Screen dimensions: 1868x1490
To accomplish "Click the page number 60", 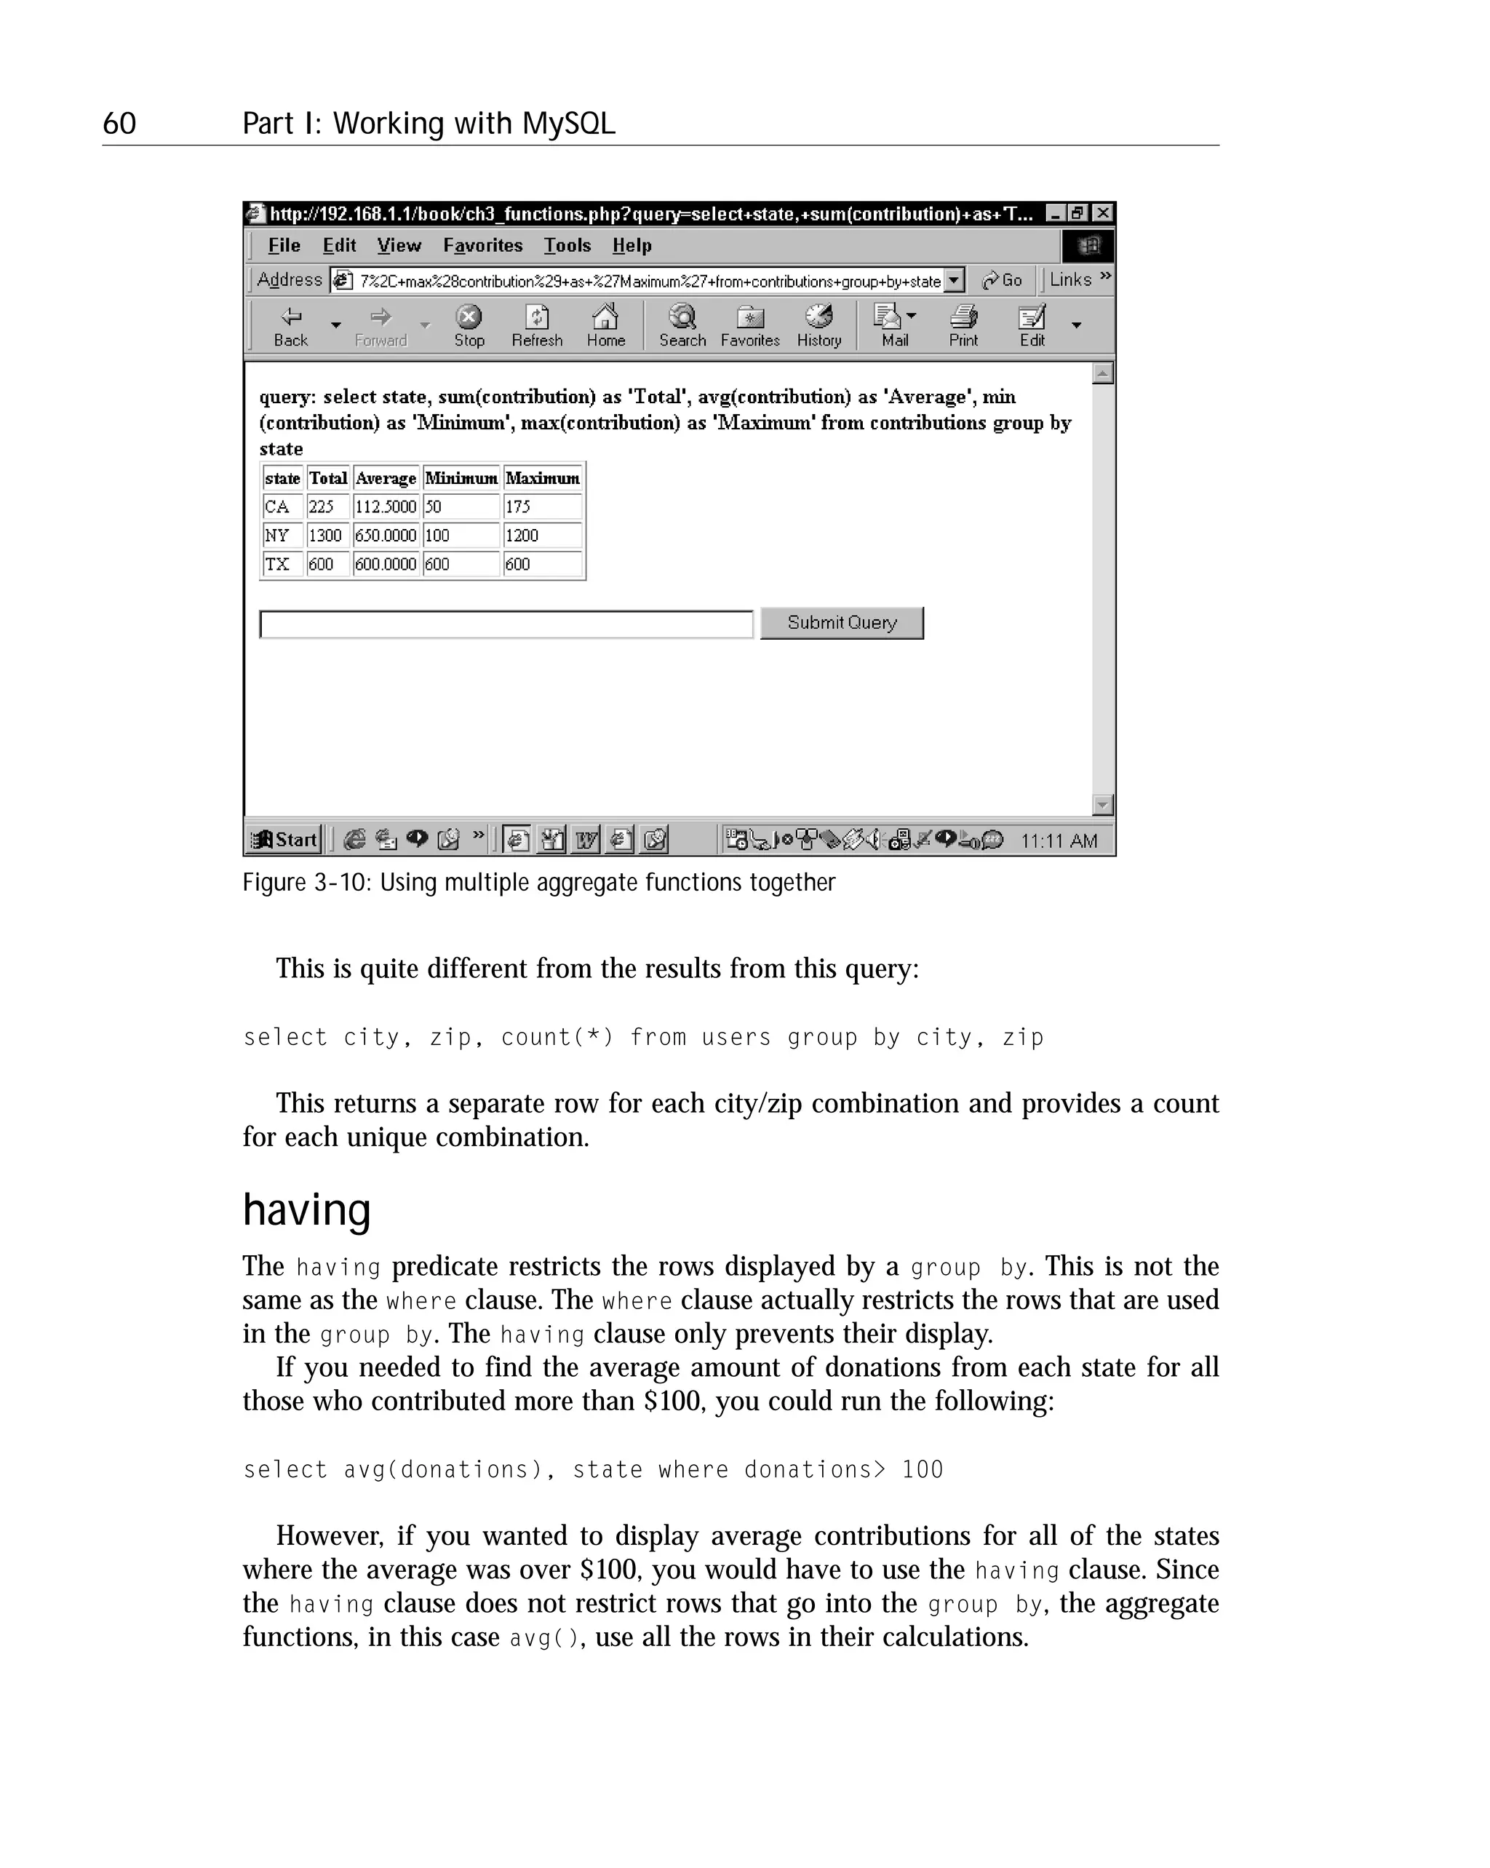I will pos(119,123).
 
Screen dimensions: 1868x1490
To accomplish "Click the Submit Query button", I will pos(841,623).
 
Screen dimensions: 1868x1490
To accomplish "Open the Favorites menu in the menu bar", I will pos(482,245).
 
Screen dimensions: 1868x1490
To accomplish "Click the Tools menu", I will pos(567,245).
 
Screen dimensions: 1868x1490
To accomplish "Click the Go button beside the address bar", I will pos(1003,280).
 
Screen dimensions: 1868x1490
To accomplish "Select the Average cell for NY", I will pos(386,536).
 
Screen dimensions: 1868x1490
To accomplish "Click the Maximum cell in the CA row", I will pos(542,507).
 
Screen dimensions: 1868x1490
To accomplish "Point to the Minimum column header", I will pos(461,478).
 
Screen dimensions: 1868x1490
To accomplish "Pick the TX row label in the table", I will pos(277,564).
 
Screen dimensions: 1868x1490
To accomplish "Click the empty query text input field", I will pos(506,624).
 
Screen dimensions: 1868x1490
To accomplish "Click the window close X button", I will pos(1102,213).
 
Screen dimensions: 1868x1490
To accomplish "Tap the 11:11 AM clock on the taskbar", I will pos(1059,840).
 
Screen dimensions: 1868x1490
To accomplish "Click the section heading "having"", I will pos(307,1209).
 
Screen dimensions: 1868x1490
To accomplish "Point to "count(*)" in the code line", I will pos(557,1037).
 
